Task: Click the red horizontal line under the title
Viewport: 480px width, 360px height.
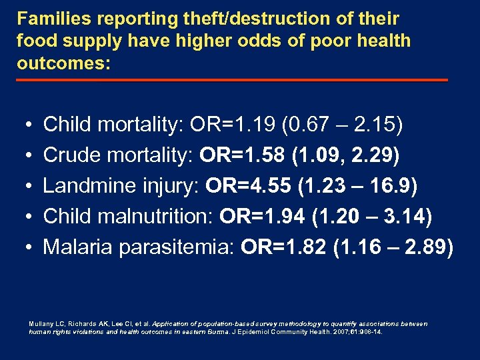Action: pyautogui.click(x=231, y=80)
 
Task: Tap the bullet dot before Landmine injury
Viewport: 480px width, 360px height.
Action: pyautogui.click(x=24, y=187)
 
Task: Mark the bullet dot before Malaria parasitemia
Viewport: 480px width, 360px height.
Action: pyautogui.click(x=24, y=249)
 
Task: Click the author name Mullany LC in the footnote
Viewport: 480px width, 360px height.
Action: pyautogui.click(x=45, y=323)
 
